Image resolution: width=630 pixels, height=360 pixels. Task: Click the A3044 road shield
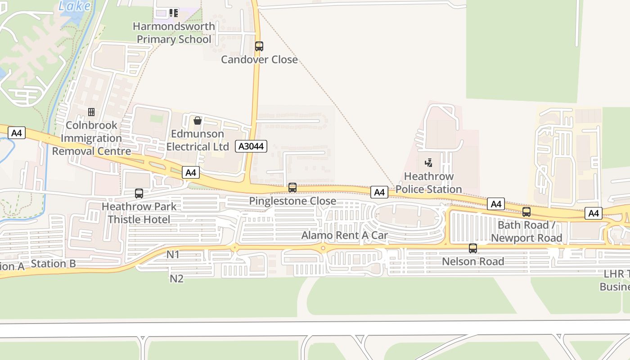251,146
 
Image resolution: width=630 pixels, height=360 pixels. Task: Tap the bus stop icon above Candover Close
259,46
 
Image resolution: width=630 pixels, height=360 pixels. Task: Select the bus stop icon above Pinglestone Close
292,188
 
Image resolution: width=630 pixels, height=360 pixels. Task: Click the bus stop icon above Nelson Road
472,248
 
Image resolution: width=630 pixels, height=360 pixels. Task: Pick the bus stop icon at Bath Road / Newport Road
526,212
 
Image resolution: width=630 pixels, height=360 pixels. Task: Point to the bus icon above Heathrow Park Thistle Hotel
139,193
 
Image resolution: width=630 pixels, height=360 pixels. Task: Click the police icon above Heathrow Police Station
429,162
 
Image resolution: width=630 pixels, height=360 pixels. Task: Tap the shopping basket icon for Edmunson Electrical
197,121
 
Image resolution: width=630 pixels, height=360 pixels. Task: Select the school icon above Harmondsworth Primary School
174,13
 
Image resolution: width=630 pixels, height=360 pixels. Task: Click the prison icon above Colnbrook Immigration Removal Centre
91,112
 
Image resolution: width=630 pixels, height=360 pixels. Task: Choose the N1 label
173,255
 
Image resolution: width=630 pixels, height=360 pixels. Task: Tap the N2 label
176,279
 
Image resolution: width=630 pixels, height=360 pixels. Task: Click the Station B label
54,264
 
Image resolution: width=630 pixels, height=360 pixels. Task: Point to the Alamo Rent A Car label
344,235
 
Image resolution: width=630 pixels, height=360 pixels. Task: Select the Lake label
75,6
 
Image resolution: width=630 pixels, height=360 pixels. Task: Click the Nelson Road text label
472,261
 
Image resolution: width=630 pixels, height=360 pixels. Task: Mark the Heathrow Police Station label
428,183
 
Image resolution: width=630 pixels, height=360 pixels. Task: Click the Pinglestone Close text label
292,201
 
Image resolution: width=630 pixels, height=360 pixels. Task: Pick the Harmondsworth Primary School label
174,33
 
